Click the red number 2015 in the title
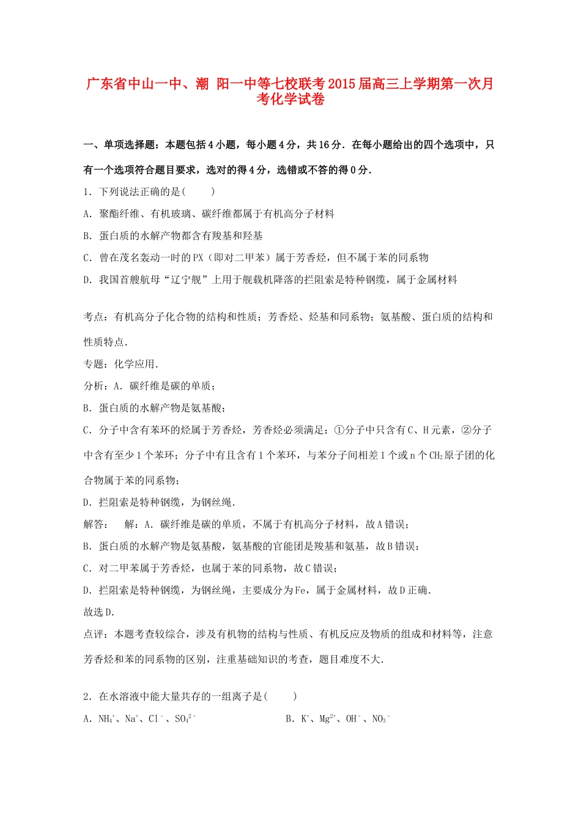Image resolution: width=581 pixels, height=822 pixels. [338, 84]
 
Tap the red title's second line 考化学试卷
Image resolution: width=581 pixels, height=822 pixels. [290, 100]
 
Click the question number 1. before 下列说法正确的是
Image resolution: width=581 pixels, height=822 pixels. [87, 192]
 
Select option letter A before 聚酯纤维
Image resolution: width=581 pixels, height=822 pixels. [87, 214]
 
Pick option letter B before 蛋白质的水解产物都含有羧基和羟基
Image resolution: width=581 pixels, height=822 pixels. [87, 236]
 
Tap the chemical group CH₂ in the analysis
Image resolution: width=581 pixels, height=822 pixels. [436, 456]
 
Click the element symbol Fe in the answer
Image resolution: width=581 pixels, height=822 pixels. [301, 591]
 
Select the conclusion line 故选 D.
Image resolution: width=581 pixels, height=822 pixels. [99, 613]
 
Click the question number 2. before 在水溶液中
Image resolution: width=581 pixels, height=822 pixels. [87, 697]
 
